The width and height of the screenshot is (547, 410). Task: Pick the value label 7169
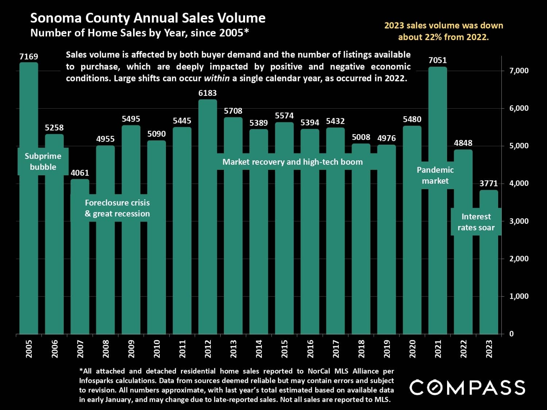29,56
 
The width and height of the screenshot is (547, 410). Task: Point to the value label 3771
489,183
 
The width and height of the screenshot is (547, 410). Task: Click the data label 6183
207,93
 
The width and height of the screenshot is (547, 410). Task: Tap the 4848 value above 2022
463,143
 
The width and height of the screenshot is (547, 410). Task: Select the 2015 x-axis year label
284,349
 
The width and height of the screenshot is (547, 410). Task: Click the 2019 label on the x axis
387,349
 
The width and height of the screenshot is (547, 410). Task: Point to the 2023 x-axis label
489,349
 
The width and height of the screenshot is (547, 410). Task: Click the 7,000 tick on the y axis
519,71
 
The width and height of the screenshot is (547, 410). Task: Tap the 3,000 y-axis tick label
519,221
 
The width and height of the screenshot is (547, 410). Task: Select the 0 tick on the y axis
511,334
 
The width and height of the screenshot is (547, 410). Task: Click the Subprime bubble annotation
43,161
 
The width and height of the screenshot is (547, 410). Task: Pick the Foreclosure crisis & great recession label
117,208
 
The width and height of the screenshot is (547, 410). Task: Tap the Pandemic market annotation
435,175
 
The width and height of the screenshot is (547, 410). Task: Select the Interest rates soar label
476,222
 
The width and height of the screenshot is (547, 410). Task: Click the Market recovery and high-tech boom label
292,162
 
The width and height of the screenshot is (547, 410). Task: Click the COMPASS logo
468,387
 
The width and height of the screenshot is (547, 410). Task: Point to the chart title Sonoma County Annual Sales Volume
148,18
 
